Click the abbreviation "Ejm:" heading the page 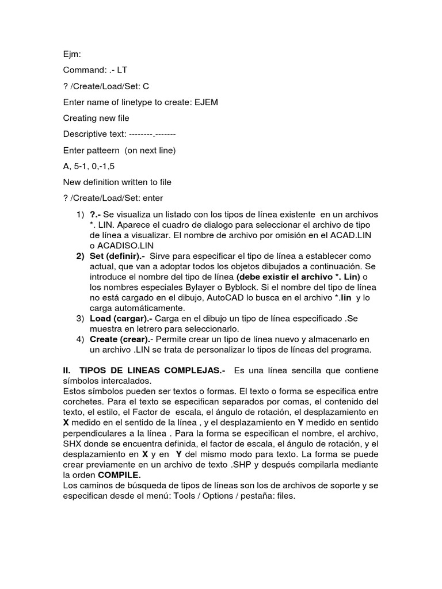(x=72, y=54)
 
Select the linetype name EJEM (x=206, y=102)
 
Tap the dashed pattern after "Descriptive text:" (x=153, y=134)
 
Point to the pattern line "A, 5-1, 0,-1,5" (x=89, y=166)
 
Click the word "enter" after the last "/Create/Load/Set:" (x=153, y=198)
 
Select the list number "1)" (x=80, y=215)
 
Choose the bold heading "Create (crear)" (x=119, y=339)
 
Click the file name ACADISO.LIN (x=127, y=246)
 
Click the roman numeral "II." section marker (x=67, y=370)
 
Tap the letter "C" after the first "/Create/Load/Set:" (x=146, y=86)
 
